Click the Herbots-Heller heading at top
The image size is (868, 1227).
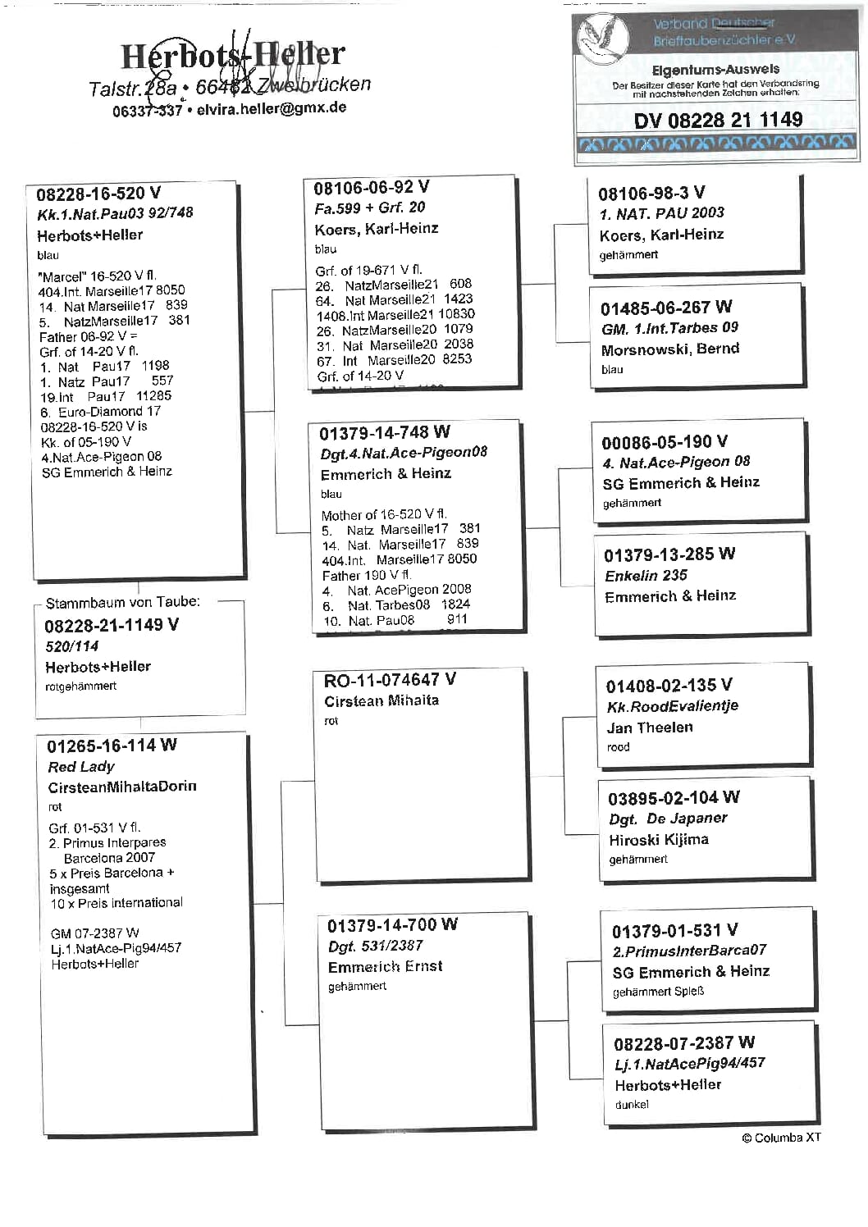(233, 55)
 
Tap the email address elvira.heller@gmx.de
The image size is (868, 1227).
(272, 108)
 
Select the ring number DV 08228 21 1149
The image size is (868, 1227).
(718, 121)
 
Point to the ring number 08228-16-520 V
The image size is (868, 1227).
(98, 194)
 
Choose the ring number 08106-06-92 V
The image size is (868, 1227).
(371, 188)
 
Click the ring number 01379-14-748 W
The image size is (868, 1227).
(384, 433)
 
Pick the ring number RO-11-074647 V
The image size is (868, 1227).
(390, 680)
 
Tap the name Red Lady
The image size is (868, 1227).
(81, 767)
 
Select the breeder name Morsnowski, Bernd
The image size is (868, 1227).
(669, 349)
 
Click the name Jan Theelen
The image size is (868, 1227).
(650, 728)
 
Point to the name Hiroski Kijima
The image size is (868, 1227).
(659, 840)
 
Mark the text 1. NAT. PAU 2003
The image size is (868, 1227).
(661, 213)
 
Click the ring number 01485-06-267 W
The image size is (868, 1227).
(665, 308)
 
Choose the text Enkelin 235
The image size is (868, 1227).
(646, 576)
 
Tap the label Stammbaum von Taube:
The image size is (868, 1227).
(122, 603)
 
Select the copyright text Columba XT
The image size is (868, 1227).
(781, 1138)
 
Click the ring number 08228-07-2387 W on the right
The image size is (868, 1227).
(683, 1043)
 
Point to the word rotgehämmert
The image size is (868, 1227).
(80, 686)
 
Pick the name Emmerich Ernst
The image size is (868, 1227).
(385, 967)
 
